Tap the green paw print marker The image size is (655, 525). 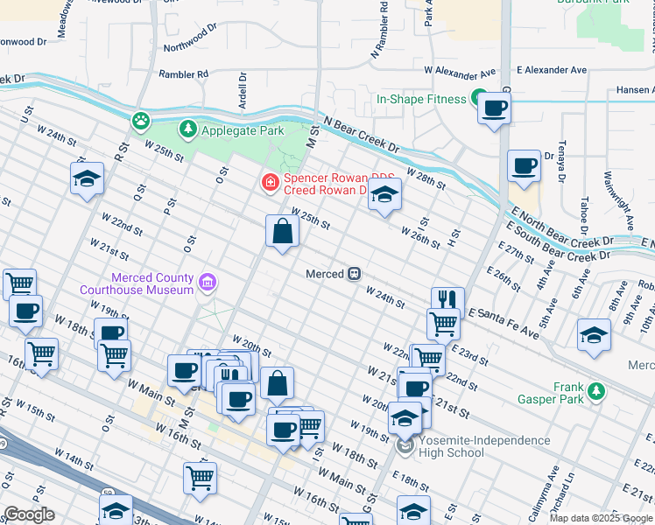(x=140, y=120)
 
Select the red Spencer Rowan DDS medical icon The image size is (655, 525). (x=271, y=182)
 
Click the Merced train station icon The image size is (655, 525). (x=355, y=274)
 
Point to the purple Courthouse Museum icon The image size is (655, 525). (x=208, y=282)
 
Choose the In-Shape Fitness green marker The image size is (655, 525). (x=479, y=99)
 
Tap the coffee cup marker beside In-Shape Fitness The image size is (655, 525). (x=495, y=108)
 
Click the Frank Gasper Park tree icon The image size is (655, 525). (x=596, y=389)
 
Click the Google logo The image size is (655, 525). (x=30, y=514)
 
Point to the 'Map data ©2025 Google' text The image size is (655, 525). (x=601, y=518)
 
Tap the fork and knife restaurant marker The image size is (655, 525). (x=447, y=299)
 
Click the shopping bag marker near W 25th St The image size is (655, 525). (x=282, y=232)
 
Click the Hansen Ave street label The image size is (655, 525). (x=634, y=89)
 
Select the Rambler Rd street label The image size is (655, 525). (x=184, y=74)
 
